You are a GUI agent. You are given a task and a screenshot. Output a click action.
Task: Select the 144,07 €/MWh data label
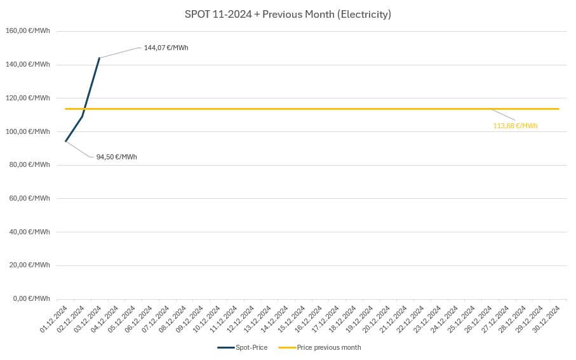click(166, 48)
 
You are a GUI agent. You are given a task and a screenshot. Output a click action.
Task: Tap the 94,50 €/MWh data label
click(116, 157)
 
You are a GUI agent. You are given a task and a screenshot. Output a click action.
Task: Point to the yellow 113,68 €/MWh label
click(515, 126)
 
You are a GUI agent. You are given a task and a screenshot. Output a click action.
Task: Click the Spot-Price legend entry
click(243, 347)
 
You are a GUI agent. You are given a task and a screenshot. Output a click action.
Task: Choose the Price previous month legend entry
click(320, 347)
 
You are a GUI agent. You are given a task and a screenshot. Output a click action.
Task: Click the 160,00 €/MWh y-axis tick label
click(27, 30)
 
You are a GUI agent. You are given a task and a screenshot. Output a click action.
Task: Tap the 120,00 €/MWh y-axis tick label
click(27, 98)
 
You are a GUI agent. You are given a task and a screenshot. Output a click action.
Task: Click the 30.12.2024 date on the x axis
click(547, 318)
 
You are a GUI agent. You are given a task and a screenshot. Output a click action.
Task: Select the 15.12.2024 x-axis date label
click(292, 318)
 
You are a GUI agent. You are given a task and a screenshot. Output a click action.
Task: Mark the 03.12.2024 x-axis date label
click(88, 318)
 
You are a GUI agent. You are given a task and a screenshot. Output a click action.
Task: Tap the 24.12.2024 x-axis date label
click(445, 318)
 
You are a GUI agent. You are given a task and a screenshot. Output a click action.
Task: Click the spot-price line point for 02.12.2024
click(83, 116)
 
